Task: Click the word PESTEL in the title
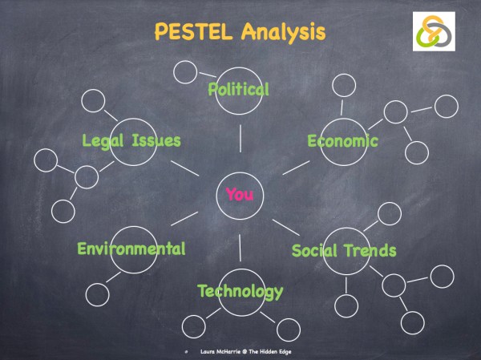[x=192, y=33]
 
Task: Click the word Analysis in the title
[x=285, y=33]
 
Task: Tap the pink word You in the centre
[x=239, y=193]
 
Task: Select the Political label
[x=239, y=88]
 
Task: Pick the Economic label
[x=342, y=141]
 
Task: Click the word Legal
[x=104, y=141]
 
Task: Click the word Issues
[x=157, y=141]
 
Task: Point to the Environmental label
[x=131, y=249]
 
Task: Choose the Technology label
[x=240, y=291]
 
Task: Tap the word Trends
[x=370, y=250]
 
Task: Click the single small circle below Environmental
[x=96, y=293]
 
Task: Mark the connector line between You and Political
[x=240, y=139]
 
